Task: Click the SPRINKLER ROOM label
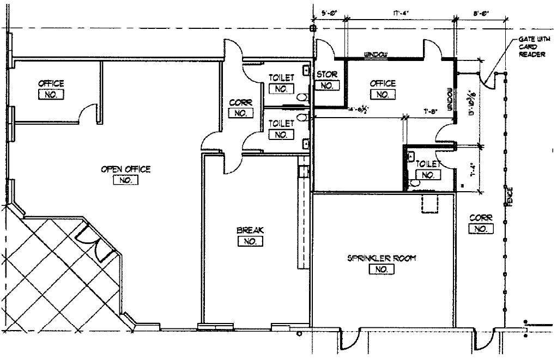(x=381, y=258)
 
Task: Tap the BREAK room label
(x=250, y=230)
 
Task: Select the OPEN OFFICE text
(x=125, y=169)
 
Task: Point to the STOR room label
(x=327, y=75)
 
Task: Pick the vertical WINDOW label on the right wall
(x=450, y=100)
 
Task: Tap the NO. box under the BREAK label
(x=250, y=242)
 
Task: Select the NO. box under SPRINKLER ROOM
(x=381, y=270)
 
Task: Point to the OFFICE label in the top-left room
(x=51, y=83)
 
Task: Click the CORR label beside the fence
(x=480, y=218)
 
